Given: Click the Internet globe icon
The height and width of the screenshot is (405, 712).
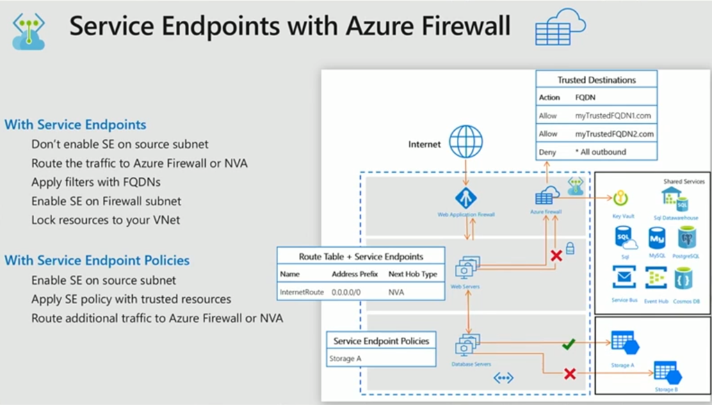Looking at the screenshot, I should click(466, 142).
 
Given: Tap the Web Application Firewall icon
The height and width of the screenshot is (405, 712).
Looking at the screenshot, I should click(466, 198).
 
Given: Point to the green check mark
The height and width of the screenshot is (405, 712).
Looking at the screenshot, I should click(569, 343).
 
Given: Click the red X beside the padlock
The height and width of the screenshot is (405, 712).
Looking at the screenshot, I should click(556, 256).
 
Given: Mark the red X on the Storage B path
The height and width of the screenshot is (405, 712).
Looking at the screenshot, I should click(570, 374).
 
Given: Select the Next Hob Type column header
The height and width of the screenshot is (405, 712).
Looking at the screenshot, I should click(413, 274).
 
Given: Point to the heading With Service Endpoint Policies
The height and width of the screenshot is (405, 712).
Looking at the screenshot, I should click(97, 260).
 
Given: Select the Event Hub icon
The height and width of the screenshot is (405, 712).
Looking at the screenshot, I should click(656, 279).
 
